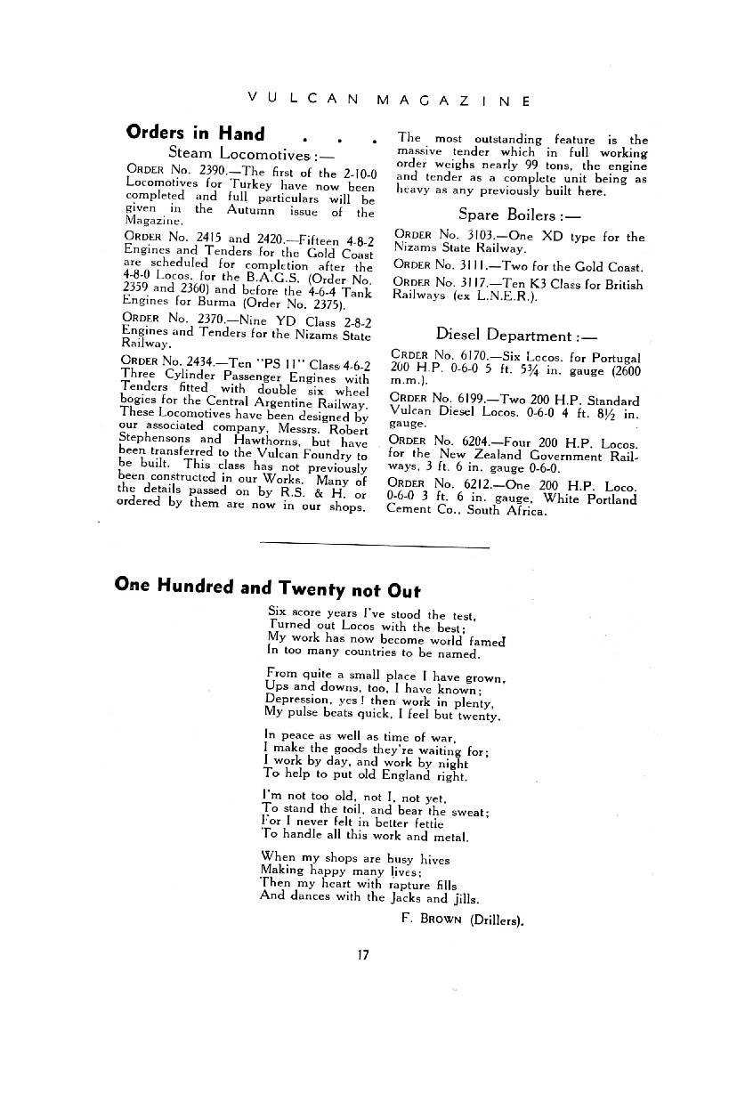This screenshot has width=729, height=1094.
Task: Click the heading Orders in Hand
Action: pos(195,134)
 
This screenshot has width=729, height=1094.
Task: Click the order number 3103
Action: pos(474,237)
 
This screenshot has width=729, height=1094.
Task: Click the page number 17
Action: pos(363,955)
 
